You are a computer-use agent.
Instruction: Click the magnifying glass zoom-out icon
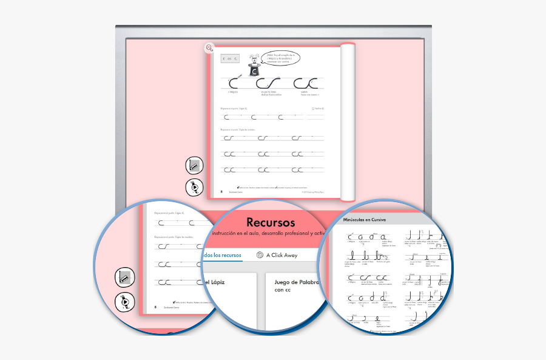point(209,48)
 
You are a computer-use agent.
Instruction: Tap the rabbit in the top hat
point(254,59)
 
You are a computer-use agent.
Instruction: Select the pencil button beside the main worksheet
point(194,165)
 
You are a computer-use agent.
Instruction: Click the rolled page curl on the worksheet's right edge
point(348,121)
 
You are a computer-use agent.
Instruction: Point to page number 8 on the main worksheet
point(221,191)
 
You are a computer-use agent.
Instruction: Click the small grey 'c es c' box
point(231,59)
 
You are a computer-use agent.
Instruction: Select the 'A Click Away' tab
point(281,255)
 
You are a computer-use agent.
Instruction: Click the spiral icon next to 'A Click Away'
point(260,255)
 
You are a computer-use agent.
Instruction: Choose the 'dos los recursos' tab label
point(222,255)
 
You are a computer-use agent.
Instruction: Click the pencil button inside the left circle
point(124,278)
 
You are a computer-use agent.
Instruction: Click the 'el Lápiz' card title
point(215,282)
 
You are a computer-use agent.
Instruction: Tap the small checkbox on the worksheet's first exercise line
point(314,109)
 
